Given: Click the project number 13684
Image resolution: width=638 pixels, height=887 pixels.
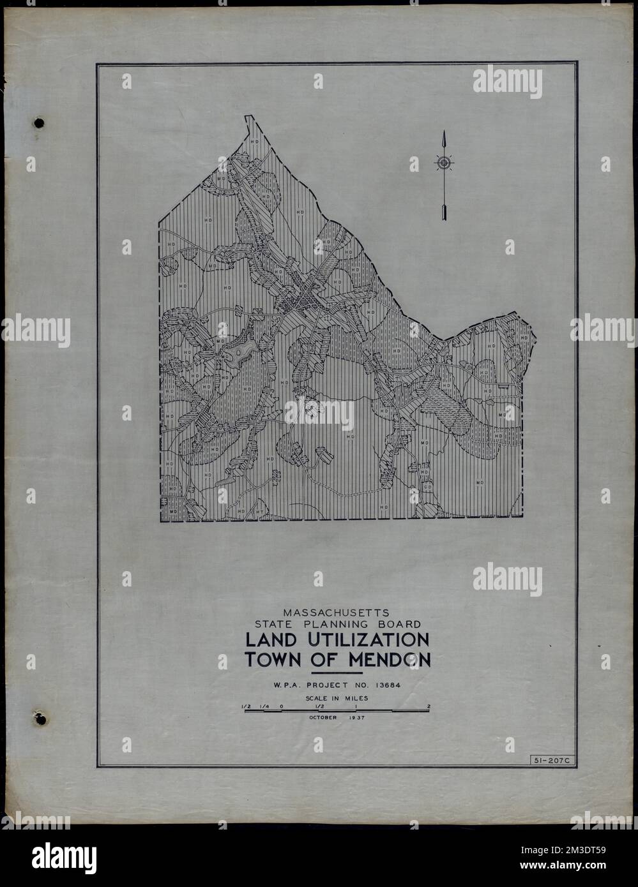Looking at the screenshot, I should [x=389, y=686].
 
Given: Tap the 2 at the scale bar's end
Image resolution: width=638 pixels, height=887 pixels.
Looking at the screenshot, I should [x=429, y=706].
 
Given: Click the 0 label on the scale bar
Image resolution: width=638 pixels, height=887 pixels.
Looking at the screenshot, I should [x=281, y=706].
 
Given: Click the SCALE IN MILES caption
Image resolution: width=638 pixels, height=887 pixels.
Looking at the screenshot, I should [x=337, y=698].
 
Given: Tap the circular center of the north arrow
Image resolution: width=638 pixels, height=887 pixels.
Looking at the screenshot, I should [x=443, y=163].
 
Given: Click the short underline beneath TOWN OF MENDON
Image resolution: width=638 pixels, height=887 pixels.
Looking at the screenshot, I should [x=336, y=673].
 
